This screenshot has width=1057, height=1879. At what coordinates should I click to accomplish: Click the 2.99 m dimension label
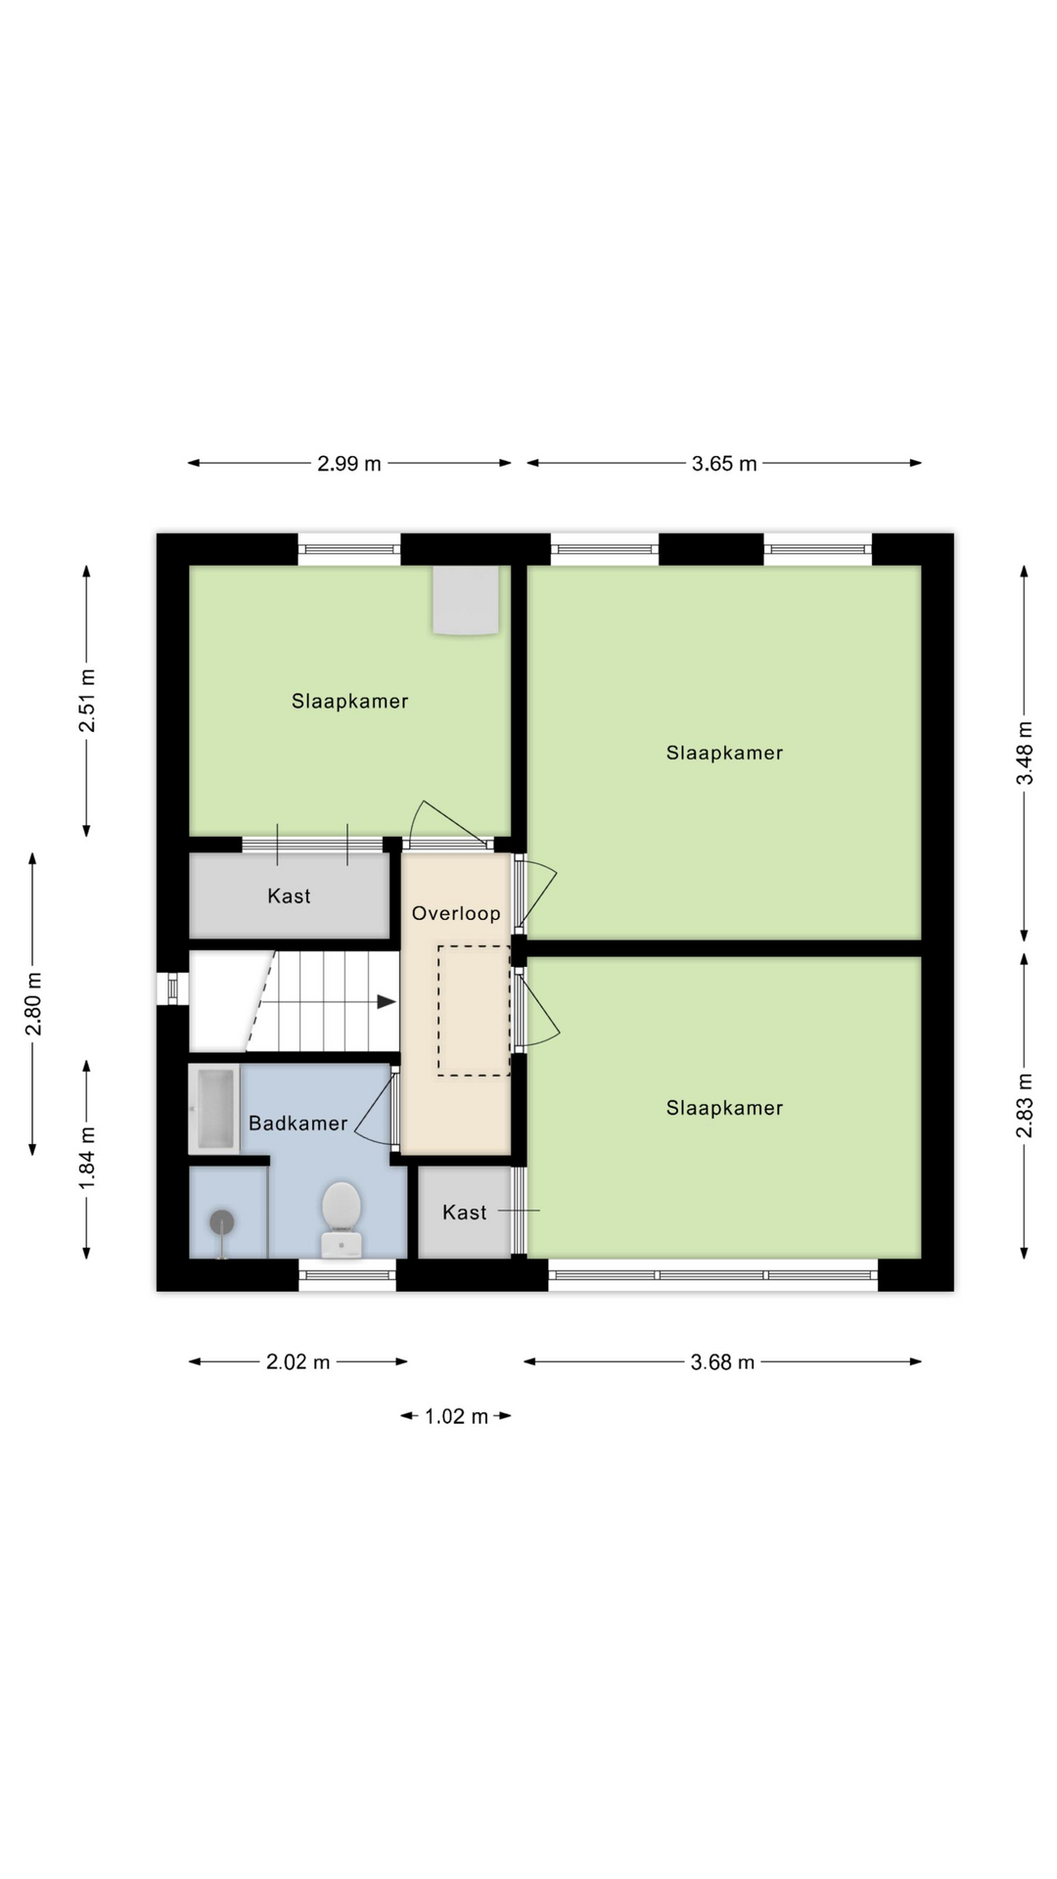349,464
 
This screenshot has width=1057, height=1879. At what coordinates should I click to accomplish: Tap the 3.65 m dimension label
724,464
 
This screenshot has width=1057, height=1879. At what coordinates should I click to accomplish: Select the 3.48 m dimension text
1025,753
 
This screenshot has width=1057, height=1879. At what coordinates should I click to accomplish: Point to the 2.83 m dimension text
1025,1106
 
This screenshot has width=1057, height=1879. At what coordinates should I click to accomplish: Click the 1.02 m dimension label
456,1416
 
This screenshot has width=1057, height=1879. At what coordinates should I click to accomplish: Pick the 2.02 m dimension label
299,1361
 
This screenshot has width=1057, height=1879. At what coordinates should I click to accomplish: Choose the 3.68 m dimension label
723,1361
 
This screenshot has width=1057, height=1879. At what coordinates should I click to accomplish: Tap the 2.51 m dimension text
88,701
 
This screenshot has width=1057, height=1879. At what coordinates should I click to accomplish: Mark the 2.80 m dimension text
34,1003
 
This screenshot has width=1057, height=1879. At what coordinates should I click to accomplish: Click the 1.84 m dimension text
88,1159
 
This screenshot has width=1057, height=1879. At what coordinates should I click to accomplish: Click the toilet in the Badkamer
342,1217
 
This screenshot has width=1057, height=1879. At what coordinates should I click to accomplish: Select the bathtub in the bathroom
214,1109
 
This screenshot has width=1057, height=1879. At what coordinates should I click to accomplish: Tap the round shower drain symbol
222,1222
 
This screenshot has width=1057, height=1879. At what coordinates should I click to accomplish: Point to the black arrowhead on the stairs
387,1001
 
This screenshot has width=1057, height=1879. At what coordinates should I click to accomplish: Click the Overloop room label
456,913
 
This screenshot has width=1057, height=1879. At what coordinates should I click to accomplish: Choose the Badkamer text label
299,1123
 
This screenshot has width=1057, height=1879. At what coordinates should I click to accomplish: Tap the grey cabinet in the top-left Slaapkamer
467,601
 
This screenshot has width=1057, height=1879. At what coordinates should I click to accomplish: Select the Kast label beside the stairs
289,895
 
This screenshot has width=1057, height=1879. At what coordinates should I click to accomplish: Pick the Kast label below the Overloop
464,1213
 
